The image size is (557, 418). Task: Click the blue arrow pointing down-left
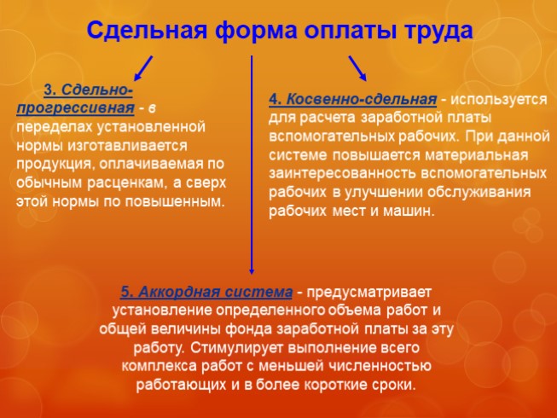click(143, 67)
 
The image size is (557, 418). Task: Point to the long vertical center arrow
click(251, 162)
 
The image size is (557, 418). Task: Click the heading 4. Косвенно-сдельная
click(352, 99)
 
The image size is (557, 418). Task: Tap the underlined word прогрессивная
click(75, 107)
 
